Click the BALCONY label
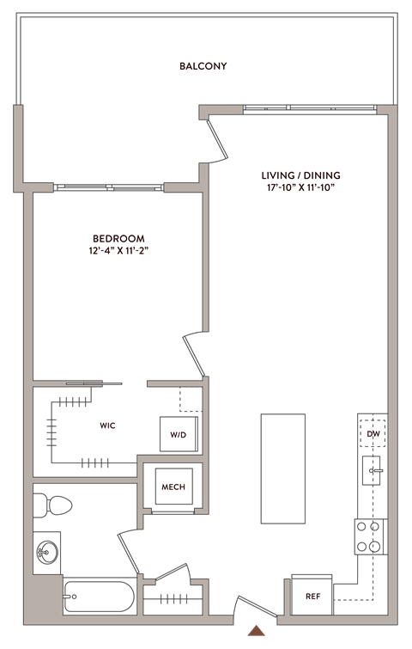(203, 66)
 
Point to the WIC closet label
(107, 426)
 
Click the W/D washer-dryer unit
(179, 434)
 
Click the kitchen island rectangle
(283, 468)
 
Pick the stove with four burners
(370, 536)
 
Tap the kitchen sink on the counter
(371, 469)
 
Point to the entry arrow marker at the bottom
(255, 631)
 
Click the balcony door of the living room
(216, 138)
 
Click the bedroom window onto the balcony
(107, 187)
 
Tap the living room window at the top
(309, 109)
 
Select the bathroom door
(130, 550)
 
